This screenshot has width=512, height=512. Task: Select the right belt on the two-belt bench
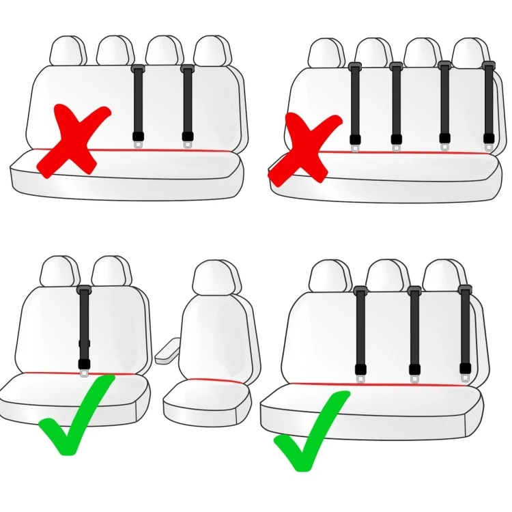(188, 102)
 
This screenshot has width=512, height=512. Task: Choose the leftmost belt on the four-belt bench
(355, 102)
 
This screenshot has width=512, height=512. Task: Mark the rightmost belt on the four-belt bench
(488, 102)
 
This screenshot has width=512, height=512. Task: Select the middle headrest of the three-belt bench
(388, 274)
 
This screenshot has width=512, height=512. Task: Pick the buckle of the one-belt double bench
(84, 367)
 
